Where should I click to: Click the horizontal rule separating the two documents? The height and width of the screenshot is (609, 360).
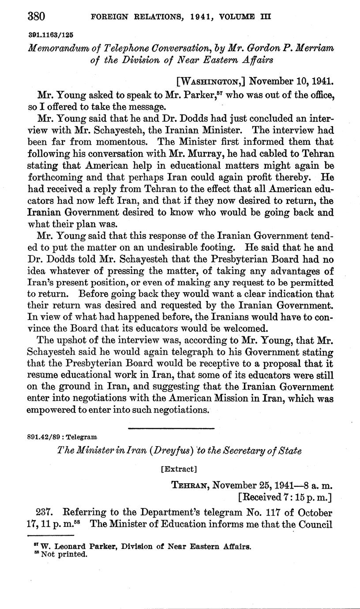point(171,428)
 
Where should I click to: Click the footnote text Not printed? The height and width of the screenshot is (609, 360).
point(64,554)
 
